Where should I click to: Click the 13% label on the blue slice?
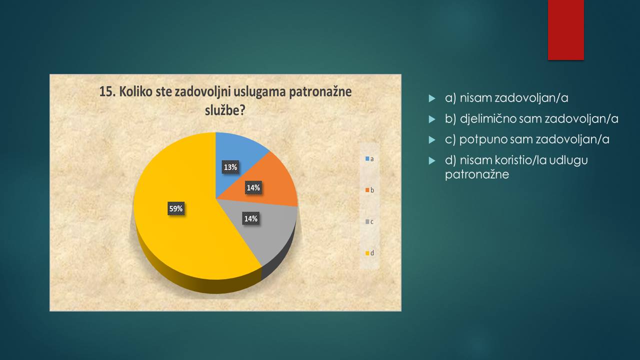(230, 167)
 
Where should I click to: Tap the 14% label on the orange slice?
(253, 187)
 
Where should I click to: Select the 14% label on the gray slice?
(251, 218)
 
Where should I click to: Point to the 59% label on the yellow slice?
(175, 208)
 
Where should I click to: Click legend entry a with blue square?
(369, 159)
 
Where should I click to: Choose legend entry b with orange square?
(369, 190)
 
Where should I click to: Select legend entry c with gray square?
(369, 221)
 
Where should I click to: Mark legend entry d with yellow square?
(369, 253)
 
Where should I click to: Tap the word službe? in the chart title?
(225, 110)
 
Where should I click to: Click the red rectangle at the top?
(565, 30)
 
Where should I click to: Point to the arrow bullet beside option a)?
(432, 98)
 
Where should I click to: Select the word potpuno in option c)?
(477, 140)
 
